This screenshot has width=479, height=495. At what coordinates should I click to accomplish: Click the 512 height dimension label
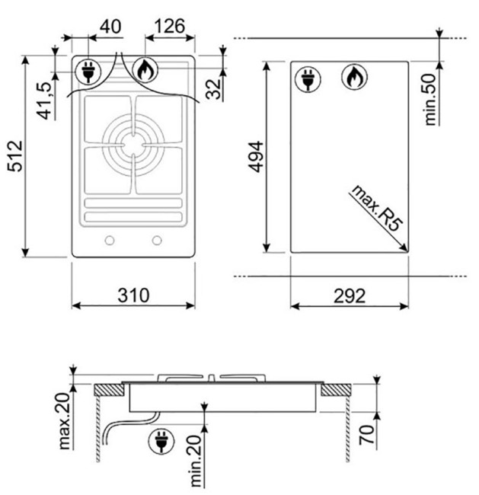15,156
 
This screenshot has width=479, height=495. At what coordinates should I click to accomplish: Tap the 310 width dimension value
133,295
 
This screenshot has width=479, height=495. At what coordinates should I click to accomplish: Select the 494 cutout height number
256,157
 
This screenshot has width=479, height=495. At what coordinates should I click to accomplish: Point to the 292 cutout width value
350,295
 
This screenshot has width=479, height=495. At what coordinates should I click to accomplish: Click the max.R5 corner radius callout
377,208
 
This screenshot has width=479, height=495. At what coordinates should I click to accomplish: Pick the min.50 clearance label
430,100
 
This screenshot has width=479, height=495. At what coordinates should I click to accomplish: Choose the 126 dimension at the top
169,26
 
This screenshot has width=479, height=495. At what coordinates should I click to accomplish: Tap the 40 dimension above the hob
110,27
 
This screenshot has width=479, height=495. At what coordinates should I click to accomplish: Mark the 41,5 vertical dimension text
44,101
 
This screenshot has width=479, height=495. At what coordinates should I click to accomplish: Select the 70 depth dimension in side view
366,435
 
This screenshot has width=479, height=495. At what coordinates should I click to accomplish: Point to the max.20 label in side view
64,421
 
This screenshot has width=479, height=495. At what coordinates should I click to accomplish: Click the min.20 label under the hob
196,461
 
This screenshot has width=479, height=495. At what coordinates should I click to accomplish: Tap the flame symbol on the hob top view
145,70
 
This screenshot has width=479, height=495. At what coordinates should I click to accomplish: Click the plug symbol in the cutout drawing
308,79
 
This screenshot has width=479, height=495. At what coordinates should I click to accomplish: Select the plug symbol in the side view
161,441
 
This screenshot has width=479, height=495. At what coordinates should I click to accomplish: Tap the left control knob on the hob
110,241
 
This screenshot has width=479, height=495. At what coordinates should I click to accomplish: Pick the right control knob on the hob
157,241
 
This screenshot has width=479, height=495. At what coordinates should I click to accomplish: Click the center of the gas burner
133,145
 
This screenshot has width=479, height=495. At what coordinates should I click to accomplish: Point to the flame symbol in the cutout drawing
355,77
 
